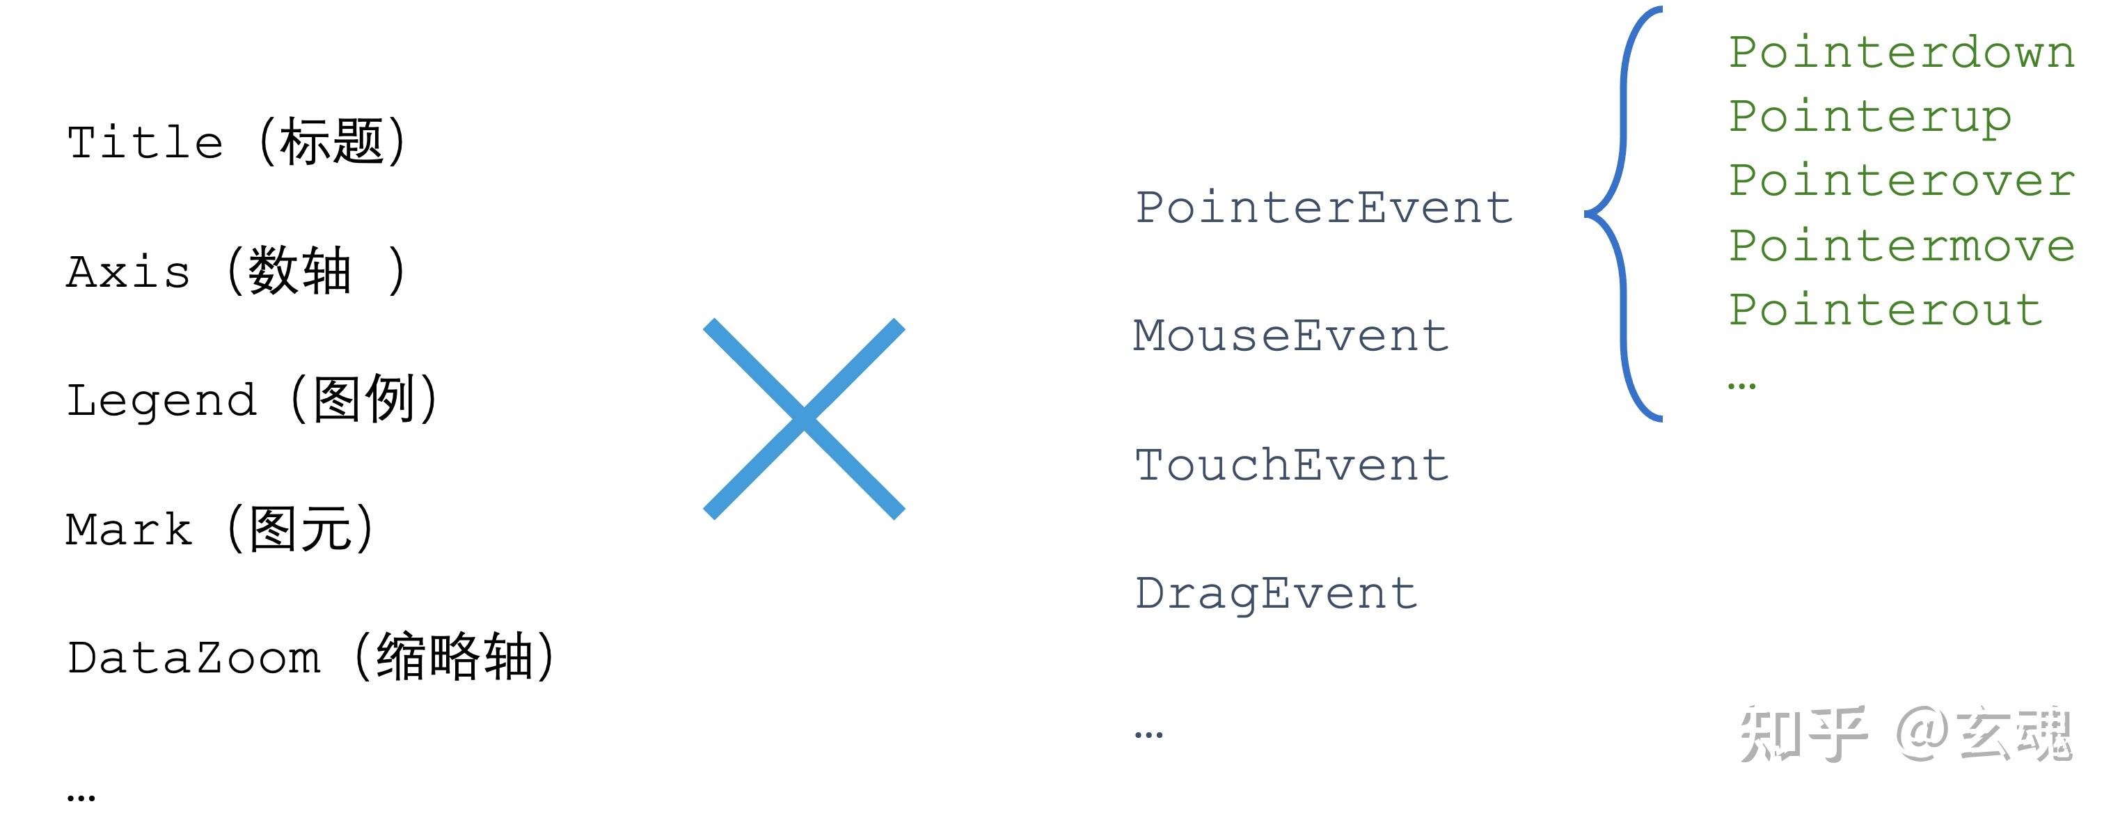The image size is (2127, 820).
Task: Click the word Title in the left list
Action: pyautogui.click(x=145, y=142)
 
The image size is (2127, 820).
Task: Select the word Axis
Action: pyautogui.click(x=128, y=271)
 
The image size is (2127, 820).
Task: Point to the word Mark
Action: pyautogui.click(x=129, y=529)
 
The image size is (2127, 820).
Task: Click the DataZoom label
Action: pyautogui.click(x=194, y=658)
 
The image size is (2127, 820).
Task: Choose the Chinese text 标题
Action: pyautogui.click(x=332, y=141)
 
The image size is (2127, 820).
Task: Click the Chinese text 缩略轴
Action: pyautogui.click(x=455, y=657)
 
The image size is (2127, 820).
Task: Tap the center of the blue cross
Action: pyautogui.click(x=803, y=418)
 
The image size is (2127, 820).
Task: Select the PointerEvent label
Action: pyautogui.click(x=1325, y=207)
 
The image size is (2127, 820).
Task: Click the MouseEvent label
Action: pyautogui.click(x=1291, y=336)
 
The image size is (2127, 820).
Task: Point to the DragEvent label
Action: pyautogui.click(x=1276, y=594)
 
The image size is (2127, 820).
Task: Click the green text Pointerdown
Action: pyautogui.click(x=1901, y=52)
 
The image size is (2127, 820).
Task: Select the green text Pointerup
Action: pyautogui.click(x=1870, y=117)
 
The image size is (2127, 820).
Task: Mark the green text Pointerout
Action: pyautogui.click(x=1886, y=310)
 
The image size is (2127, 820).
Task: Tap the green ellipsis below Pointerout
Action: pyautogui.click(x=1741, y=386)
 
